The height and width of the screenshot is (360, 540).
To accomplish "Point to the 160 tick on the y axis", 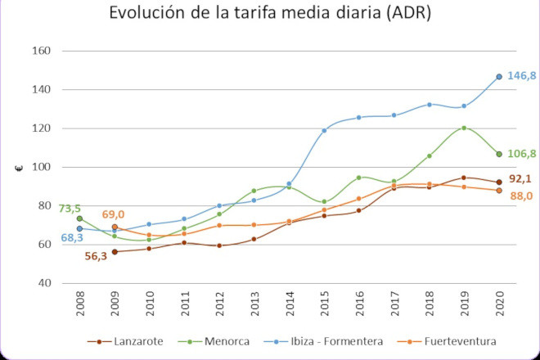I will pos(41,51).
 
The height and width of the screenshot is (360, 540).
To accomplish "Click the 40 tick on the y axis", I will pos(44,283).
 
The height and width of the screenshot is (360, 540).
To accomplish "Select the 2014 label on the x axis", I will pos(290,305).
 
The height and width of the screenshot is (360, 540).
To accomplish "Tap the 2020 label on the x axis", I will pos(498,305).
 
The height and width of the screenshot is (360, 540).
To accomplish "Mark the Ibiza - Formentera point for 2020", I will pos(498,77).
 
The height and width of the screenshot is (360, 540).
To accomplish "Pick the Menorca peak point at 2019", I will pos(464,128).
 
